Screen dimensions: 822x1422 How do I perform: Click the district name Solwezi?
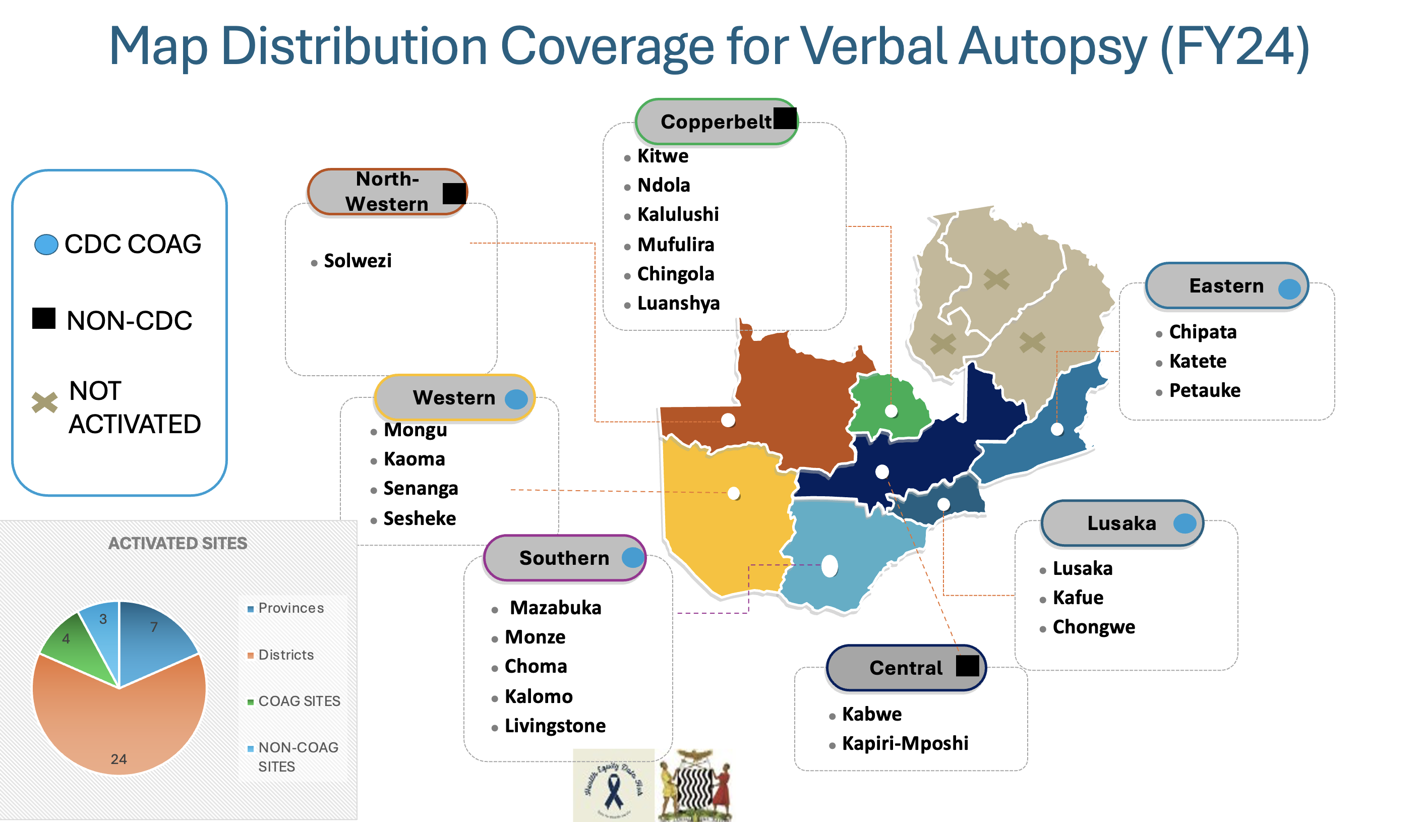(x=357, y=261)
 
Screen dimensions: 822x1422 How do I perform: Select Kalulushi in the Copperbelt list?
(x=678, y=214)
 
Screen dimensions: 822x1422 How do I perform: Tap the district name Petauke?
(x=1204, y=390)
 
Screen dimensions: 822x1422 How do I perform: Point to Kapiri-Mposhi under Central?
(x=905, y=743)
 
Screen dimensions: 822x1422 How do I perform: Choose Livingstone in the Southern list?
(x=555, y=726)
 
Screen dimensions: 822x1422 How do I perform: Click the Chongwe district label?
(x=1094, y=627)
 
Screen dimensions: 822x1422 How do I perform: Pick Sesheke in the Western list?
(x=419, y=518)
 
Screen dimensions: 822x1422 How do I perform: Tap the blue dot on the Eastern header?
(x=1289, y=289)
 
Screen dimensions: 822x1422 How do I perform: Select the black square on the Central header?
(x=967, y=666)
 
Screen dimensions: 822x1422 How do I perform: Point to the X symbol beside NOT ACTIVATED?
(x=44, y=402)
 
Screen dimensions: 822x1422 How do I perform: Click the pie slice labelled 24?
(x=118, y=728)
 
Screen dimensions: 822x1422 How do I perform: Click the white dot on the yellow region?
(x=734, y=494)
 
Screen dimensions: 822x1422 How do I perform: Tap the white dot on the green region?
(x=891, y=410)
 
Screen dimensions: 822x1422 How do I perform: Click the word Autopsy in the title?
(x=1052, y=46)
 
